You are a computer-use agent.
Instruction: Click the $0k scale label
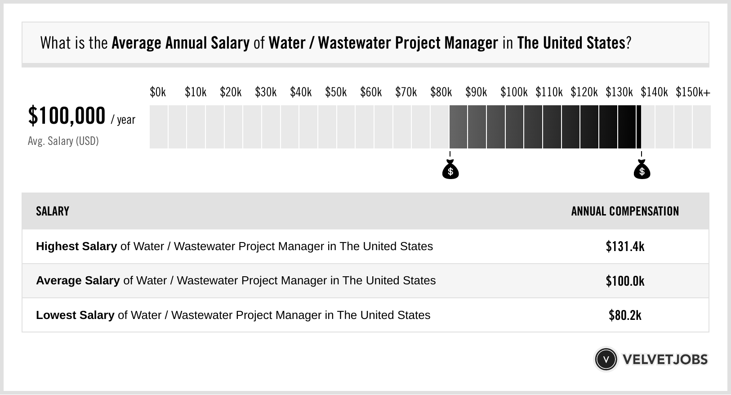(158, 92)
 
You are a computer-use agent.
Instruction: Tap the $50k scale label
(336, 92)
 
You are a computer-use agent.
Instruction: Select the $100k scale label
(514, 92)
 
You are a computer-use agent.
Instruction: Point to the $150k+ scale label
(693, 92)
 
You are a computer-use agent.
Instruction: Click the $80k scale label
(441, 92)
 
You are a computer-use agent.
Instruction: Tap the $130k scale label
(619, 92)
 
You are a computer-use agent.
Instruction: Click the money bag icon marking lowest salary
(450, 170)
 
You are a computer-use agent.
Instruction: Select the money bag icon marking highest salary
(642, 170)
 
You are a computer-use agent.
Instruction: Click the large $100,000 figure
(67, 116)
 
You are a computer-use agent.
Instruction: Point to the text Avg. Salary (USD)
(63, 141)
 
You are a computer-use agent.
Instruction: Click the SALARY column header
(53, 211)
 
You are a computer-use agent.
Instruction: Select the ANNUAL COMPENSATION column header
(625, 211)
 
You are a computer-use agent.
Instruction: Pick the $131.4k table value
(625, 247)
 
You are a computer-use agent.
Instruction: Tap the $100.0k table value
(625, 281)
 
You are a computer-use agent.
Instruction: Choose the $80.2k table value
(625, 315)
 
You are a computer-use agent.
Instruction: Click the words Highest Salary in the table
(76, 247)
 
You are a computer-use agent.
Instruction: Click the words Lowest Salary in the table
(75, 315)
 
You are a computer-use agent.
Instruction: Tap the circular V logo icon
(606, 359)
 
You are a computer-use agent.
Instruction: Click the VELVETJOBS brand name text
(665, 359)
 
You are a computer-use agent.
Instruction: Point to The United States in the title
(571, 43)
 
